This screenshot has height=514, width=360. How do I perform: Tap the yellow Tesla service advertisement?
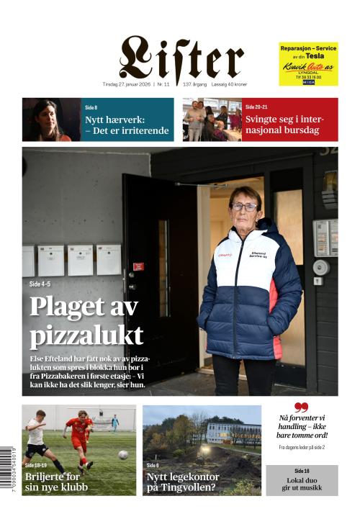308,63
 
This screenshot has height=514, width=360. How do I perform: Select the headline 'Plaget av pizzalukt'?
86,322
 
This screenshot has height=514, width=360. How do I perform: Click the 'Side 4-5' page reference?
45,284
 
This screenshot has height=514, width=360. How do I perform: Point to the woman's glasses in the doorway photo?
244,206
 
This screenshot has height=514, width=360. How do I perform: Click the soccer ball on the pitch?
122,454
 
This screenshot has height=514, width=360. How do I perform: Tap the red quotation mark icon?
301,407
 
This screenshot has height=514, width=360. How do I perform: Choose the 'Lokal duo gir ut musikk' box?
302,479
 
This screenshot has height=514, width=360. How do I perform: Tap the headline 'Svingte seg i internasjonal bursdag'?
288,125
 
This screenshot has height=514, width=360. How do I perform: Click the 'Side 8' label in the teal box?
91,107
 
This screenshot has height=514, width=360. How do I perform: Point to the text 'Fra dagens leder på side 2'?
302,447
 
